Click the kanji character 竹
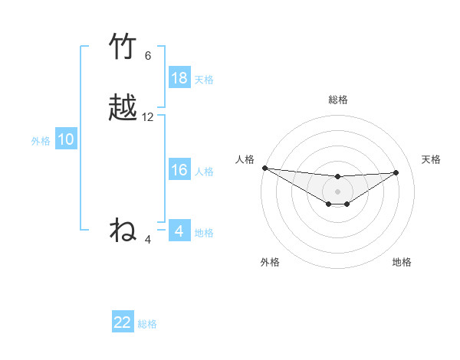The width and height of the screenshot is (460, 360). point(123,48)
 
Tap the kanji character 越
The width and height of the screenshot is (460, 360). point(123,108)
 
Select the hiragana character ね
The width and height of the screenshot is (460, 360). point(123,229)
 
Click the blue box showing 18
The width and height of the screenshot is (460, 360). point(179,78)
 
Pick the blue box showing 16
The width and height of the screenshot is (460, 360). point(179,170)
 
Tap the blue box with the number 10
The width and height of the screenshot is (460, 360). point(66,139)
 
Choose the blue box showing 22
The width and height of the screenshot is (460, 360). point(123,322)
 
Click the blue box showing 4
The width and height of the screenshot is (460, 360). point(179,231)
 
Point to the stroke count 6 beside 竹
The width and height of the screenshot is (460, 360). point(148,56)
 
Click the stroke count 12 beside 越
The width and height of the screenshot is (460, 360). point(148,117)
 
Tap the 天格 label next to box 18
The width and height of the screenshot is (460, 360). point(204,80)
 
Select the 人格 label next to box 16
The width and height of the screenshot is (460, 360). point(204,172)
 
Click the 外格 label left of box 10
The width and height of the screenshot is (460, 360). point(40,141)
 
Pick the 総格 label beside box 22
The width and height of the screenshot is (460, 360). point(147,324)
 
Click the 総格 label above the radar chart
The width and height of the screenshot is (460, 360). point(337,100)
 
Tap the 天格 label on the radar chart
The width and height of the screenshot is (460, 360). point(431,159)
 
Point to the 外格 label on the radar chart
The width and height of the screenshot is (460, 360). point(270,262)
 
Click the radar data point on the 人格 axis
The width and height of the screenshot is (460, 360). point(264,168)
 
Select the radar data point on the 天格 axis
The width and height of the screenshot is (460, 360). point(396,172)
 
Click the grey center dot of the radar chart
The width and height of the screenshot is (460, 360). point(337,191)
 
